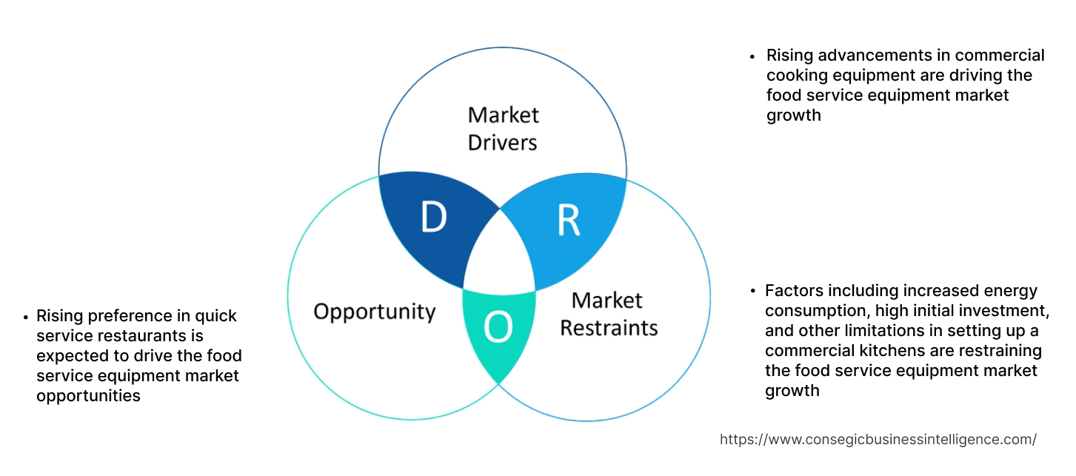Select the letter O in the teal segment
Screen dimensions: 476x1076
498,328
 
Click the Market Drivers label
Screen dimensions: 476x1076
503,128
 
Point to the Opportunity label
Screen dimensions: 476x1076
374,311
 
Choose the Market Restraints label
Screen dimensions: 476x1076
608,314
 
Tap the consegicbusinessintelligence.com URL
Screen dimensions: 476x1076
878,440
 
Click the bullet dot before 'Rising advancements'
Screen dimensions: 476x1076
753,56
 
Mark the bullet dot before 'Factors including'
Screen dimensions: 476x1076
752,292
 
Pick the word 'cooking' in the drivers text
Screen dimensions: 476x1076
796,76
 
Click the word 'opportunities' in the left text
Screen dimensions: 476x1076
88,396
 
